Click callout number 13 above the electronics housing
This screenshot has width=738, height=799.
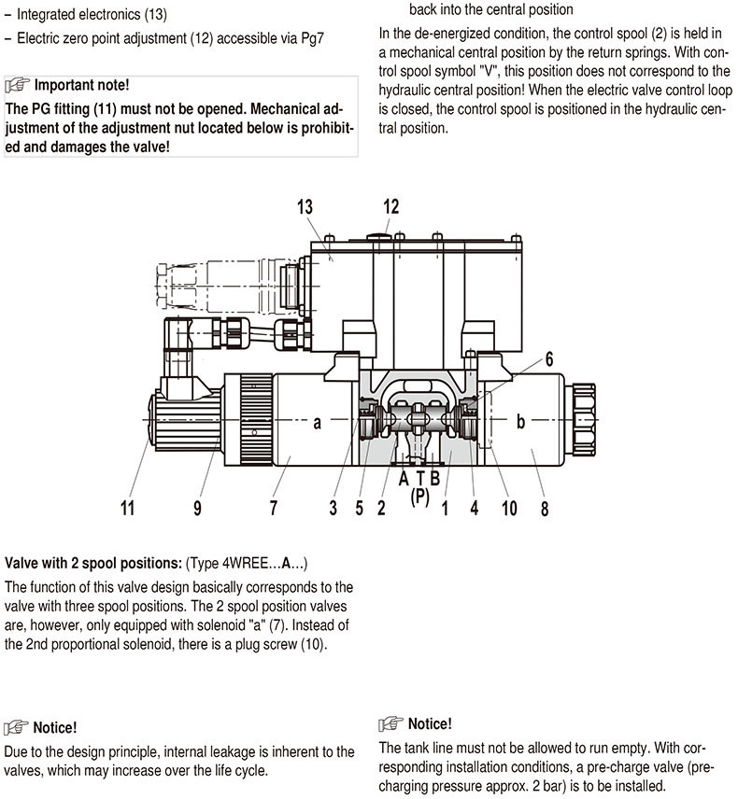(305, 207)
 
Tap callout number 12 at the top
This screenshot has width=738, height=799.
(390, 206)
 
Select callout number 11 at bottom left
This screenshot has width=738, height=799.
(128, 508)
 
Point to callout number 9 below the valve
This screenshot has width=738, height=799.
(197, 508)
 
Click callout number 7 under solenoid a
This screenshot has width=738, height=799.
(274, 508)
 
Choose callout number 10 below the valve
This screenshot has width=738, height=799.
(508, 508)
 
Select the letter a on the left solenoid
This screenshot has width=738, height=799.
(318, 423)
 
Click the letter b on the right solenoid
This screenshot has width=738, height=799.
(521, 423)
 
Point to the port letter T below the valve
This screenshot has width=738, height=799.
(419, 479)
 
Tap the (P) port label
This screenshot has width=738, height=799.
(419, 497)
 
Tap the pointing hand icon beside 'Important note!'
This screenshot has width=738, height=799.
(18, 85)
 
